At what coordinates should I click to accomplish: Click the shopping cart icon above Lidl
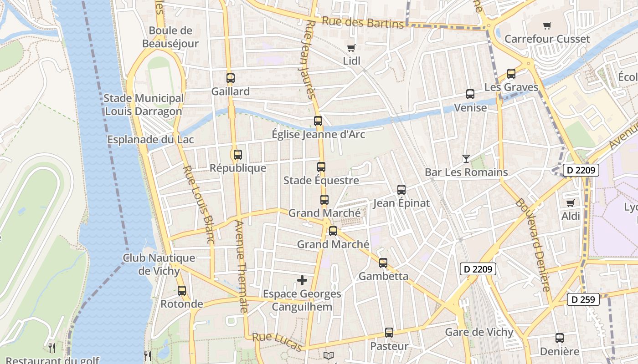pos(351,48)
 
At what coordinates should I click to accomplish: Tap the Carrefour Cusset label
pos(547,39)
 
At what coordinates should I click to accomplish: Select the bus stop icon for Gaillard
pos(231,78)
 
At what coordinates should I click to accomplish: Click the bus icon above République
pos(237,154)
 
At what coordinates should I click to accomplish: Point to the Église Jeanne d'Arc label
pos(318,134)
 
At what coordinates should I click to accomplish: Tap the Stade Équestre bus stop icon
pos(321,167)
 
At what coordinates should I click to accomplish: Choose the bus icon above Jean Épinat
pos(401,190)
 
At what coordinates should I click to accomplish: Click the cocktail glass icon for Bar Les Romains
pos(466,159)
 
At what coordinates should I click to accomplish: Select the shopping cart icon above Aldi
pos(570,203)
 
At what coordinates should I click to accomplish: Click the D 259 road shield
pos(583,300)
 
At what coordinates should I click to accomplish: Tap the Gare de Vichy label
pos(479,332)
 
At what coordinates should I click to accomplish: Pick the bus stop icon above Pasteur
pos(389,333)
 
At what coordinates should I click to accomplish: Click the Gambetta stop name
pos(383,276)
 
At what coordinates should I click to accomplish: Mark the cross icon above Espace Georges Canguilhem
pos(302,280)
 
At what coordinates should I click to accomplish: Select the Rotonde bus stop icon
pos(182,290)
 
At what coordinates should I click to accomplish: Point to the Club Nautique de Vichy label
pos(159,264)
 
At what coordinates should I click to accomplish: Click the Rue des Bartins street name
pos(363,22)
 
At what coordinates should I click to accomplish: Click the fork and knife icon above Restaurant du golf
pos(52,348)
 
